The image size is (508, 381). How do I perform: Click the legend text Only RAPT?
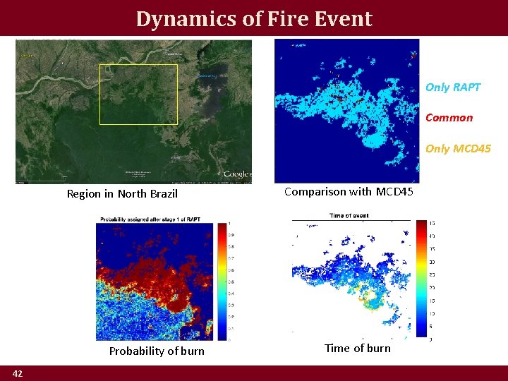(x=453, y=87)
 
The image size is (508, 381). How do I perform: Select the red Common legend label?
(x=449, y=118)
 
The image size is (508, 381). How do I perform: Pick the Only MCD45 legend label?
(x=458, y=148)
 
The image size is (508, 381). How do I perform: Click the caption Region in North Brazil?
(x=122, y=194)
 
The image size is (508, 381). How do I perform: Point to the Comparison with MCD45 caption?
(x=349, y=192)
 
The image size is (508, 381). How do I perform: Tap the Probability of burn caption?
(x=157, y=351)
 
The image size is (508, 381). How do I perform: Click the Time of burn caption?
(x=357, y=348)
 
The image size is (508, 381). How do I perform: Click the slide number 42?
(x=18, y=373)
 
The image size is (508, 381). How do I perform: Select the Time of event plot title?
(x=350, y=215)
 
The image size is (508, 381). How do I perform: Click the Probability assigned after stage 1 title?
(x=150, y=219)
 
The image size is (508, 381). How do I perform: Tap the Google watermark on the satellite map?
(x=237, y=174)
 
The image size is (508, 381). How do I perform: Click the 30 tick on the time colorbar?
(x=432, y=262)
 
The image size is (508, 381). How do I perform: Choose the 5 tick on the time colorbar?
(x=431, y=326)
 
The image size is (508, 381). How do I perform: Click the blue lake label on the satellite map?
(x=208, y=75)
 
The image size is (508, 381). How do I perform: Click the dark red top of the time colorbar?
(x=421, y=224)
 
